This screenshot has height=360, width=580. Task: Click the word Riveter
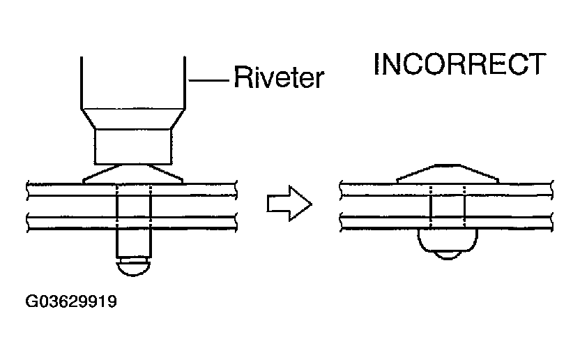pos(278,77)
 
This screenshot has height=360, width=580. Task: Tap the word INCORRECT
pos(459,64)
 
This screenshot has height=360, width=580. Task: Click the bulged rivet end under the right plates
pos(448,241)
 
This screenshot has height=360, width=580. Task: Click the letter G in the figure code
pos(32,303)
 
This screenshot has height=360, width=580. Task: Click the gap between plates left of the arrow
pos(70,207)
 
